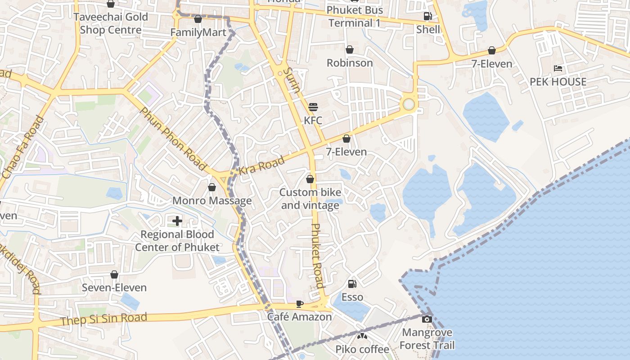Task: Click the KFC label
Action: click(313, 120)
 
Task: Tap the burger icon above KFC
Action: click(313, 107)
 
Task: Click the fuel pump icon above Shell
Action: click(427, 17)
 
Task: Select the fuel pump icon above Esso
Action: click(352, 283)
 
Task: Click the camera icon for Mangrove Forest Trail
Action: click(427, 319)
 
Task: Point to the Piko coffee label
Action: click(362, 349)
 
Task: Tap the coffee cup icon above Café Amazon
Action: click(300, 304)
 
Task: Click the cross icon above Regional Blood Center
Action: click(177, 220)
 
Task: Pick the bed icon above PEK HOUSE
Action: click(558, 68)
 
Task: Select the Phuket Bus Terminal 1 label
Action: click(355, 16)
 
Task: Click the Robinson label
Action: click(350, 63)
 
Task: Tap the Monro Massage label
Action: click(212, 200)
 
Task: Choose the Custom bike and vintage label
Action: click(310, 199)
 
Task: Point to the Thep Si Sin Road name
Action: click(103, 319)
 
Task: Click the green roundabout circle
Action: click(408, 104)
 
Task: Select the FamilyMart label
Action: click(198, 32)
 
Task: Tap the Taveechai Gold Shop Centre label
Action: click(111, 23)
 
